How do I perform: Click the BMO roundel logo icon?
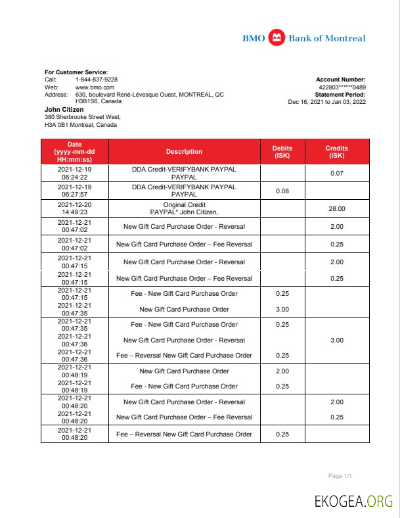(277, 38)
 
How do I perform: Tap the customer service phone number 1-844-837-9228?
(97, 80)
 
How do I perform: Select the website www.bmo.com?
(95, 87)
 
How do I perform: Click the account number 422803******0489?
(342, 87)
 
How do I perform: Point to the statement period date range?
(326, 102)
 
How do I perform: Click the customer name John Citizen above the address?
(65, 109)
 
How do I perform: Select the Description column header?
(184, 152)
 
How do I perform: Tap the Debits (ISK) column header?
(282, 152)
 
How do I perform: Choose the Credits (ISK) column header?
(336, 152)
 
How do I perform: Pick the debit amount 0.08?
(282, 191)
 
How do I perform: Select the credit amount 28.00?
(336, 208)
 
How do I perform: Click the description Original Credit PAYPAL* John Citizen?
(184, 208)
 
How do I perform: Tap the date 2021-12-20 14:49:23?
(74, 208)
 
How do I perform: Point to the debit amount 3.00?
(282, 309)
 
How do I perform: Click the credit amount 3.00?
(336, 340)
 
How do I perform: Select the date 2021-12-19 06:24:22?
(74, 173)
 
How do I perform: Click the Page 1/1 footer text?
(340, 475)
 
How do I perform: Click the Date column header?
(74, 152)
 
